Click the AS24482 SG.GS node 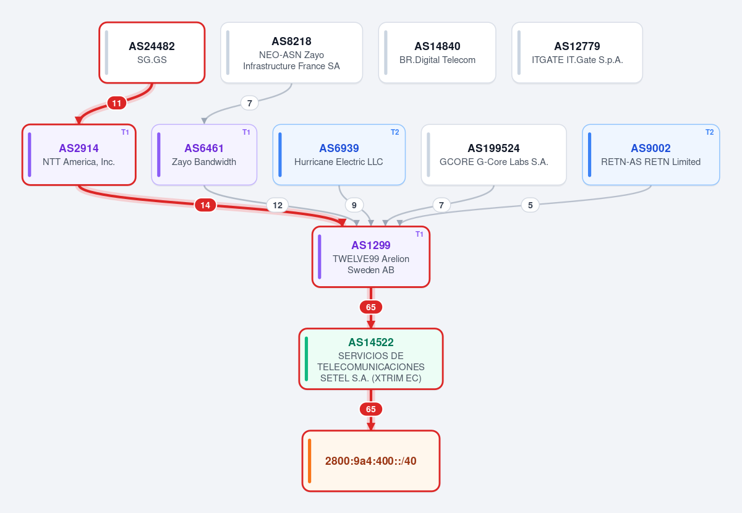152,53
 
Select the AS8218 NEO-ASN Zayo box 291,53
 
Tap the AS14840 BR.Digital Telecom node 437,53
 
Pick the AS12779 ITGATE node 577,53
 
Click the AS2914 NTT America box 79,155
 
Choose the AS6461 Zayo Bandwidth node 204,155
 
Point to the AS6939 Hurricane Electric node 339,155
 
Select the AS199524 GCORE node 493,155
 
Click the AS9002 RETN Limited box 651,155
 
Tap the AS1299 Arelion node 370,256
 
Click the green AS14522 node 370,358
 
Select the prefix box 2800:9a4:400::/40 370,460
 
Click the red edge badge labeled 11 117,103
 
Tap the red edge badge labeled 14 205,205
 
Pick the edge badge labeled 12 278,205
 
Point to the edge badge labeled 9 354,205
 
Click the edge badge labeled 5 531,205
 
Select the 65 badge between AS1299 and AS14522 370,307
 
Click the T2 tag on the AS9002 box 710,132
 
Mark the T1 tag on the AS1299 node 419,234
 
